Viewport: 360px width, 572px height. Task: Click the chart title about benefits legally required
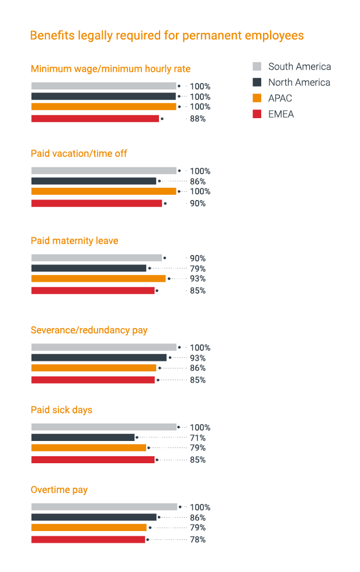point(167,36)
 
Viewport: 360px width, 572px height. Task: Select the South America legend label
point(299,66)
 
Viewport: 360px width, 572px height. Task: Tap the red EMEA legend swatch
point(257,114)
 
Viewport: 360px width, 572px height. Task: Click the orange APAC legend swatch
point(257,98)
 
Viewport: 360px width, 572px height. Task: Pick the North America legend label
point(299,82)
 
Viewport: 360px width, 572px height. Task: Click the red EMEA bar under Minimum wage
point(95,119)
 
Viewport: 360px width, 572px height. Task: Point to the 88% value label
point(198,119)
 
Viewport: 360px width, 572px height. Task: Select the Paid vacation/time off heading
point(79,154)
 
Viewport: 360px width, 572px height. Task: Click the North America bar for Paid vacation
point(94,181)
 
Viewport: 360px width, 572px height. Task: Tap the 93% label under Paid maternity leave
point(198,279)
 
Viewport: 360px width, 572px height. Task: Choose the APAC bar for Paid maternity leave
point(98,278)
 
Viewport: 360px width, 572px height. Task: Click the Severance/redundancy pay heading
point(89,330)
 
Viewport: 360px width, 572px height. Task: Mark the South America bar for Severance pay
point(103,347)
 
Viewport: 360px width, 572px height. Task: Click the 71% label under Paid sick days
point(198,438)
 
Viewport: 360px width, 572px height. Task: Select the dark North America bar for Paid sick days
point(82,437)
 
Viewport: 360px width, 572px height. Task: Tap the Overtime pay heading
point(59,490)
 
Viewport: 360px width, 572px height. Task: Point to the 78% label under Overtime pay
point(198,540)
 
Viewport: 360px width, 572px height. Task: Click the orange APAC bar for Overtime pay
point(89,528)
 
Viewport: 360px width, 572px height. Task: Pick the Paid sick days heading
point(61,410)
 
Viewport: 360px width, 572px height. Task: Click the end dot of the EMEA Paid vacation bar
point(165,204)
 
